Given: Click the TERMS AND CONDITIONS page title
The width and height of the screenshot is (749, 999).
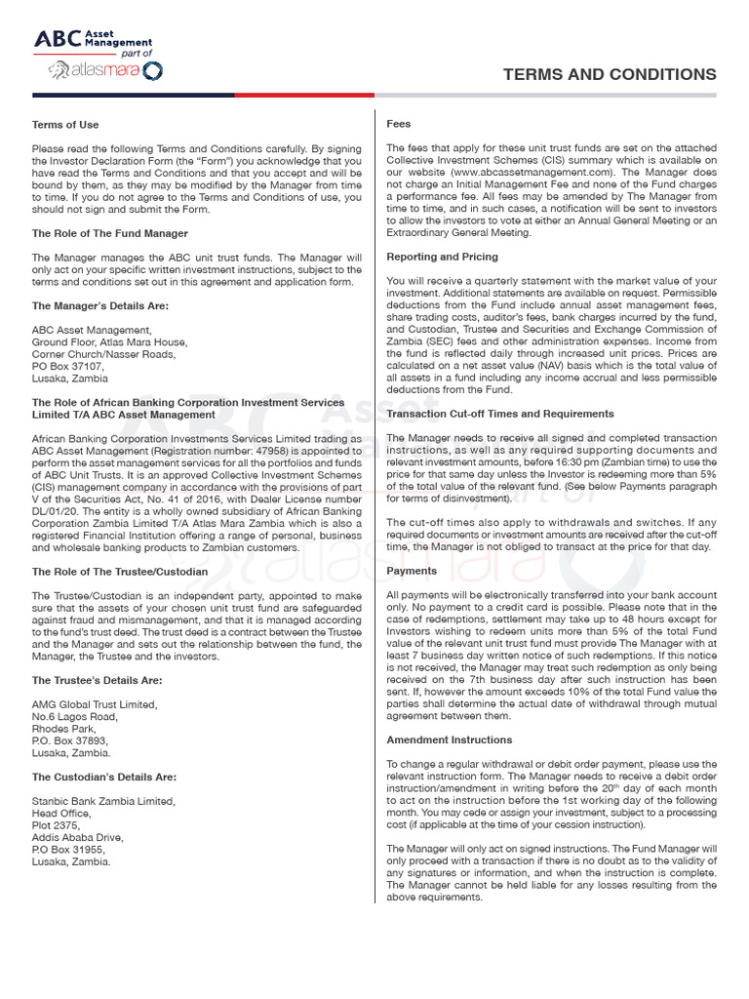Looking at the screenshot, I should (x=609, y=75).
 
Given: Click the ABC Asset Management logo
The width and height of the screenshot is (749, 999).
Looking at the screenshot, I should (x=94, y=40).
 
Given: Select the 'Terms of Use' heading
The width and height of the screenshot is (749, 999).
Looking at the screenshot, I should (x=65, y=125).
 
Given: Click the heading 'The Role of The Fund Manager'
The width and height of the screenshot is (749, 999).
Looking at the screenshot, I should (x=110, y=233).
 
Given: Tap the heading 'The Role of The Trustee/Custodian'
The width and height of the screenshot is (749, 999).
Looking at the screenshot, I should (x=120, y=571).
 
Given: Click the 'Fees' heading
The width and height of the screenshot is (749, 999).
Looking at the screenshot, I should (x=399, y=124).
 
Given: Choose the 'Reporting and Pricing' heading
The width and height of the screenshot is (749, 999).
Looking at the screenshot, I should (x=442, y=257).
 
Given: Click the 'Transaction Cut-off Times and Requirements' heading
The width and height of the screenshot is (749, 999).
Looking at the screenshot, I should (x=500, y=414).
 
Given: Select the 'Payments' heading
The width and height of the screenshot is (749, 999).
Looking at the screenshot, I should (x=413, y=570).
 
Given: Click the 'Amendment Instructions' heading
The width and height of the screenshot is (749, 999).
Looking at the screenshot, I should (x=449, y=739).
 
